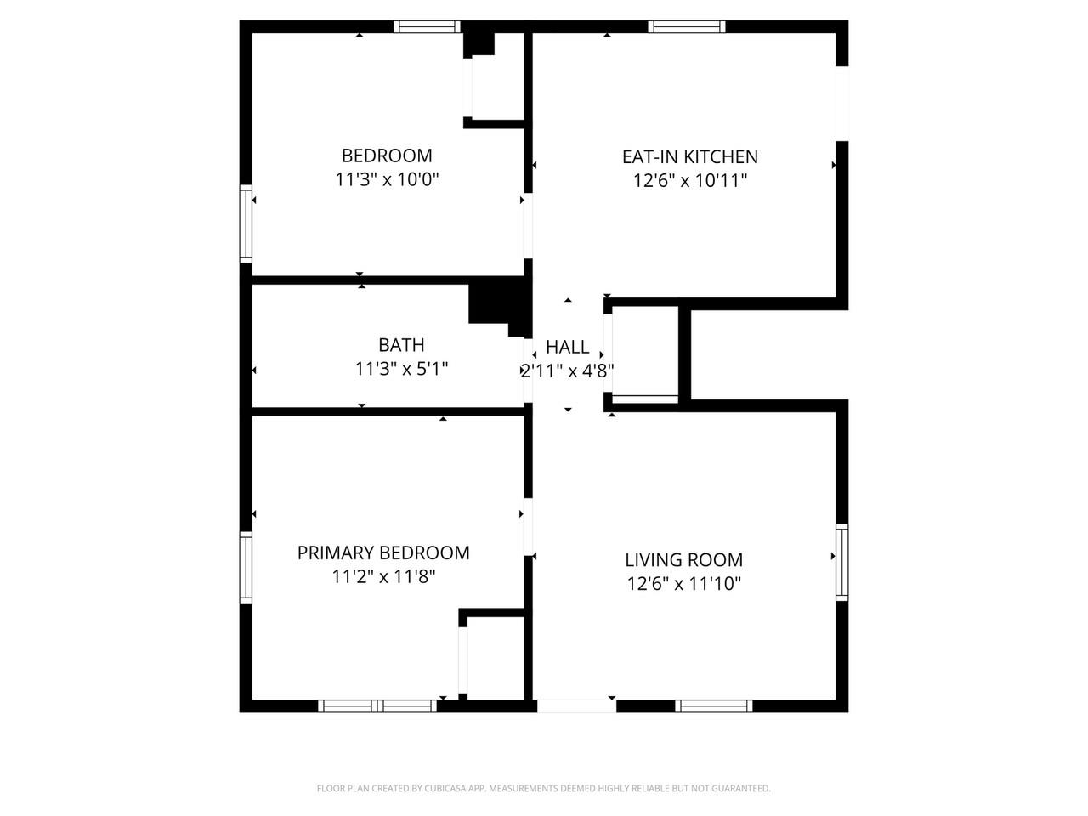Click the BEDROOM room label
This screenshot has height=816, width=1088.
click(x=387, y=156)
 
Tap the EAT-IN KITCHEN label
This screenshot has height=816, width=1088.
click(x=689, y=156)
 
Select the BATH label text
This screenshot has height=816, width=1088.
click(x=401, y=345)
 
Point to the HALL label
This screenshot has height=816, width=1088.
click(x=567, y=347)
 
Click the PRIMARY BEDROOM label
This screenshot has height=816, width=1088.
click(x=383, y=552)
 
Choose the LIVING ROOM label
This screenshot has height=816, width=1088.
click(x=683, y=559)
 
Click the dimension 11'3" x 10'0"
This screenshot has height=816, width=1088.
click(x=387, y=180)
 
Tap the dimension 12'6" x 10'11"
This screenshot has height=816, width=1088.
click(x=689, y=180)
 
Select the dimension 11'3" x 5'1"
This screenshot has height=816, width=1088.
click(x=401, y=369)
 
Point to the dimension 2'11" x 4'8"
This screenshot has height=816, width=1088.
click(x=567, y=371)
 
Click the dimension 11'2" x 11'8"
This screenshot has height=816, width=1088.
click(x=383, y=577)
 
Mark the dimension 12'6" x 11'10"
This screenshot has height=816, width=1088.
click(x=683, y=584)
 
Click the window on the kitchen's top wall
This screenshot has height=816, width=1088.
click(x=687, y=26)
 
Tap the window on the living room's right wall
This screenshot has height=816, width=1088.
click(x=841, y=562)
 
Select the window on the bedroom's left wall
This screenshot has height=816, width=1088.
click(x=246, y=224)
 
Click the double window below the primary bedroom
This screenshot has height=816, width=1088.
click(x=377, y=705)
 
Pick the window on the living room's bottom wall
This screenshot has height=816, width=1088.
click(x=714, y=705)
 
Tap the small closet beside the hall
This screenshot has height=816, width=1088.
click(x=645, y=352)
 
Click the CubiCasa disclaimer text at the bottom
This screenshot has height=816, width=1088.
click(x=544, y=789)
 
